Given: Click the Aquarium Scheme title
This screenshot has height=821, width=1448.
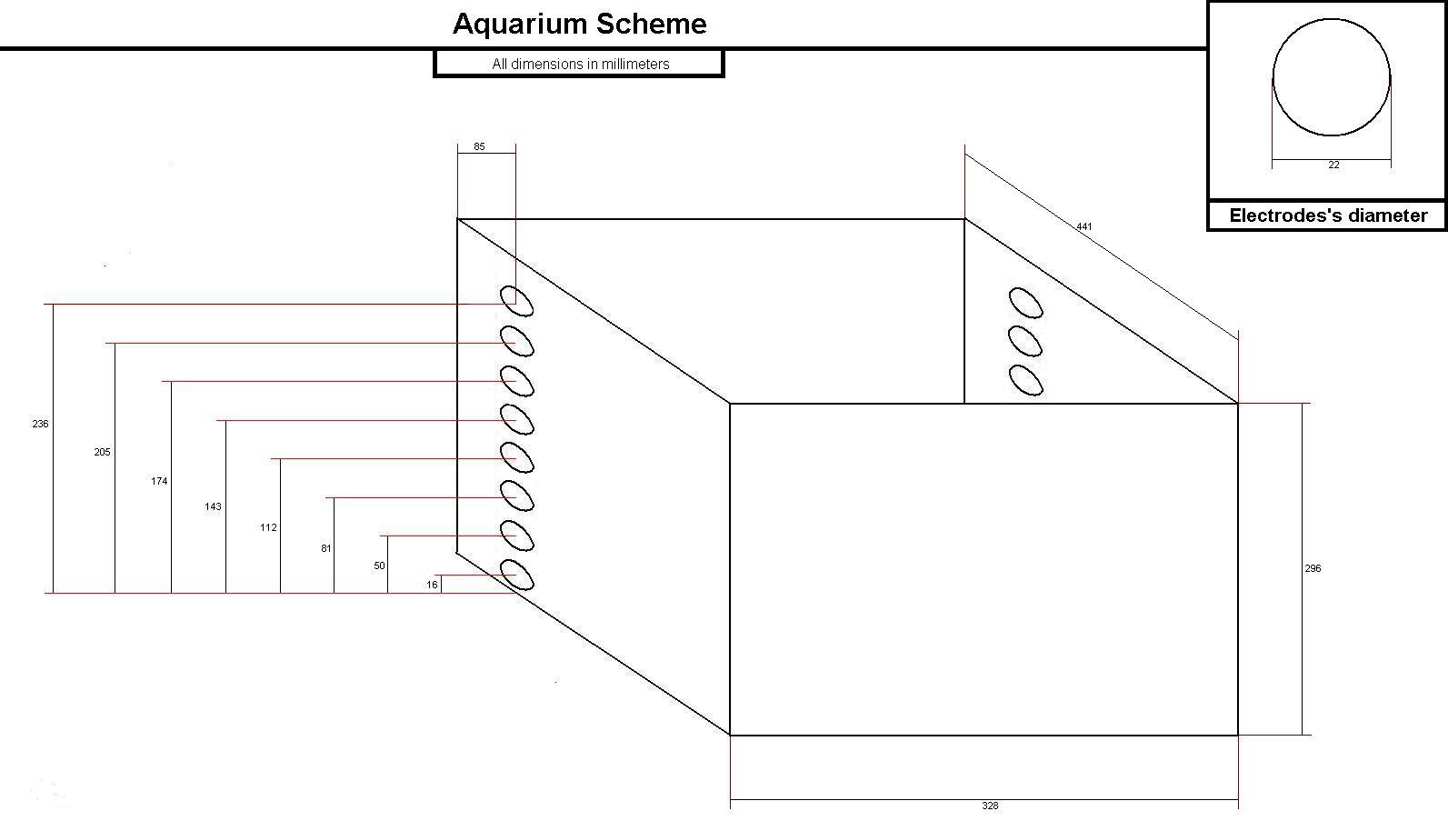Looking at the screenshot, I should click(x=579, y=24).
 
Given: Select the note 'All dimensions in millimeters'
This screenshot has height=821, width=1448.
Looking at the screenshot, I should click(x=580, y=64).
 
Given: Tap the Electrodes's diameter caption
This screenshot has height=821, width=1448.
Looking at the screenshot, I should click(x=1328, y=215).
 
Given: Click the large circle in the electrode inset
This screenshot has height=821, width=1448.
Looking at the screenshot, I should click(x=1331, y=78).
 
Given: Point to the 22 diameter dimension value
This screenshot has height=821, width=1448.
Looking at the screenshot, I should click(x=1333, y=165).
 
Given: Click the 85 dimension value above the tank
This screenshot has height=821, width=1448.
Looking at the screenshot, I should click(x=479, y=146).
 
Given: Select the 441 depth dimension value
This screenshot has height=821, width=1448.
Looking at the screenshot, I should click(x=1084, y=226).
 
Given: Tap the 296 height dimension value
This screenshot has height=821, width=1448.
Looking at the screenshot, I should click(x=1313, y=568).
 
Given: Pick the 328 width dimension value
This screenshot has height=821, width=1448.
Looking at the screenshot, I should click(x=990, y=806).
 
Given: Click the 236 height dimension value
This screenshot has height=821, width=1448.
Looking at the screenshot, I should click(x=40, y=424).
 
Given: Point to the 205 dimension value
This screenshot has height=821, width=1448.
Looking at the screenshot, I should click(x=102, y=452).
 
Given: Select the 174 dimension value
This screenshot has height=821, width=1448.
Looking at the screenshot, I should click(x=159, y=481).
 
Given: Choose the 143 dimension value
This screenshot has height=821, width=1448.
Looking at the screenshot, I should click(x=213, y=506).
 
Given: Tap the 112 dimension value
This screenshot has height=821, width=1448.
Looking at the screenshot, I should click(x=268, y=527).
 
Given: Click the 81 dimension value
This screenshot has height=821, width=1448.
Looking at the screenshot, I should click(x=326, y=548).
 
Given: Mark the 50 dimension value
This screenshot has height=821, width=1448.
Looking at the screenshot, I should click(x=379, y=566).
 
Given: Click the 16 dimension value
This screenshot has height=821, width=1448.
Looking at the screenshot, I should click(x=432, y=585).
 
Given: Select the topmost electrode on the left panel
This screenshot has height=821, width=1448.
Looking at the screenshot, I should click(x=516, y=301).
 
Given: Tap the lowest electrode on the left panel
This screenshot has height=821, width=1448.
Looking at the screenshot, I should click(x=516, y=576).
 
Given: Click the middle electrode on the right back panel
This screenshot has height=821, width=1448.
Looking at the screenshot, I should click(x=1025, y=341).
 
